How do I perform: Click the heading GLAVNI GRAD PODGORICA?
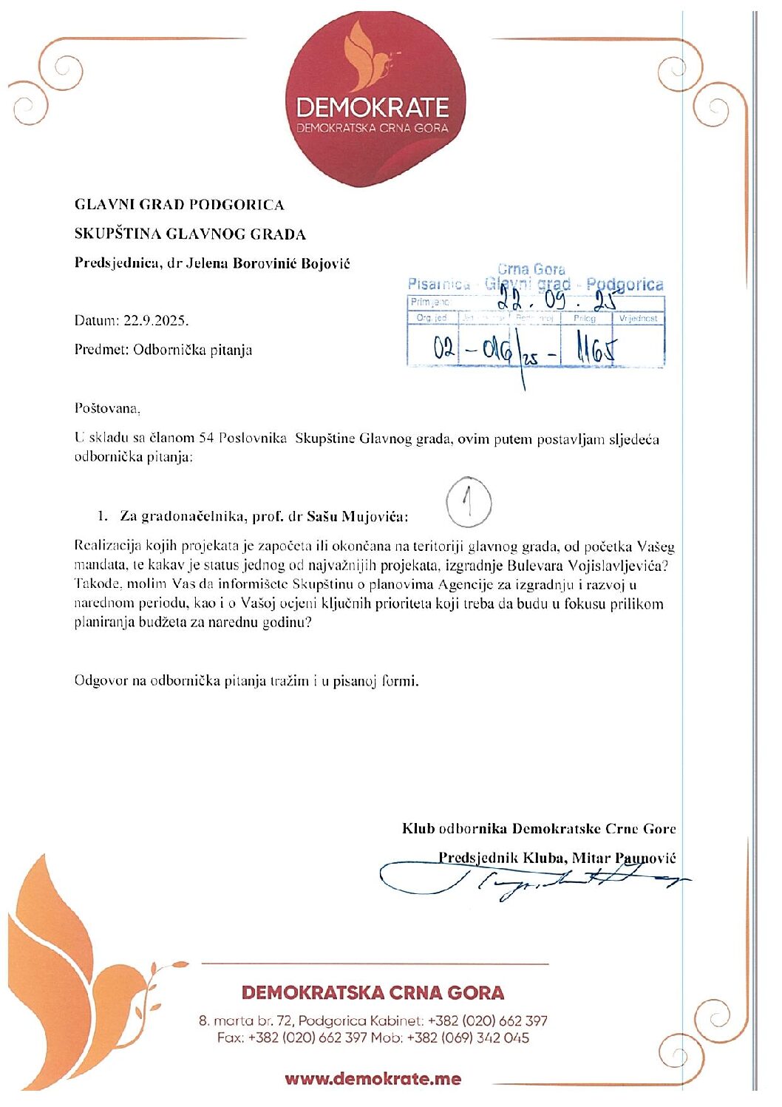(179, 205)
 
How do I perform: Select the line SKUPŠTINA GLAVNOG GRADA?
(190, 234)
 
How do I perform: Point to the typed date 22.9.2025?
(156, 321)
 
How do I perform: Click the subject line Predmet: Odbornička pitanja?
(163, 350)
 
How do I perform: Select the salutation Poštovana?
(106, 408)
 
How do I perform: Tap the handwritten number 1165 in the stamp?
(594, 348)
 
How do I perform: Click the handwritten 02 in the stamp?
(444, 348)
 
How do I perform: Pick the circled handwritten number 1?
(469, 503)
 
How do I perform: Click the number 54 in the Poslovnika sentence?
(206, 439)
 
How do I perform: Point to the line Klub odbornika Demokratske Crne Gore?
(538, 828)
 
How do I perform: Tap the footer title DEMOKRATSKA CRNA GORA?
(373, 992)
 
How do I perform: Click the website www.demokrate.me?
(373, 1078)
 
